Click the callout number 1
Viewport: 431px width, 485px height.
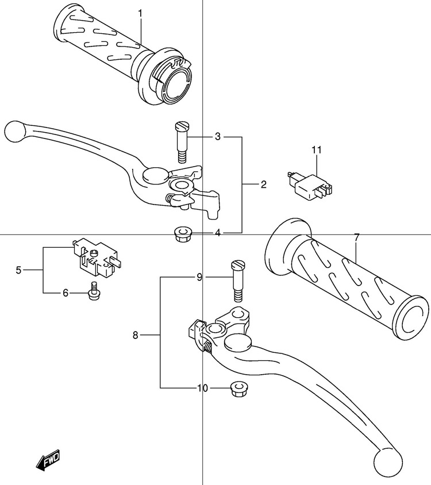[x=140, y=14]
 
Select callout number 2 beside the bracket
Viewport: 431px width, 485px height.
[x=263, y=184]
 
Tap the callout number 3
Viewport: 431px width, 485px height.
[x=218, y=136]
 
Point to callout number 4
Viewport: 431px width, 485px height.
[x=218, y=233]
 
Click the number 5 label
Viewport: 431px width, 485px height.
[x=18, y=270]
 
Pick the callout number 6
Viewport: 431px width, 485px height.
[x=66, y=292]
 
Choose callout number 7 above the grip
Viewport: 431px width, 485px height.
[x=357, y=237]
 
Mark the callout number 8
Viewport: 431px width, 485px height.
[x=135, y=335]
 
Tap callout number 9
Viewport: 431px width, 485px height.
[x=199, y=278]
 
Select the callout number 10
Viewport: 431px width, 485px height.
[x=203, y=388]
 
